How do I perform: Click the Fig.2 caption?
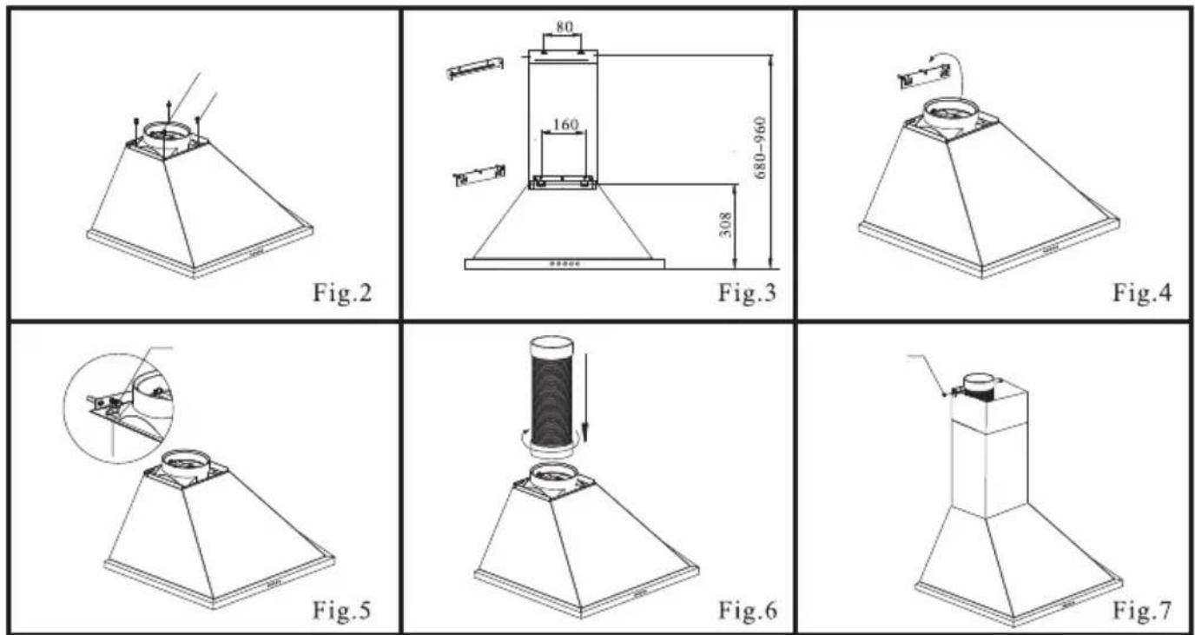click(x=342, y=293)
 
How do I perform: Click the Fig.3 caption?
click(x=747, y=293)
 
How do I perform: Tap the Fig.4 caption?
click(x=1142, y=293)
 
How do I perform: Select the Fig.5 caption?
click(x=341, y=611)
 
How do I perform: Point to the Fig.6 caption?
click(x=748, y=611)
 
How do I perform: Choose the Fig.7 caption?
click(x=1142, y=611)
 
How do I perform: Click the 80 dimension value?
click(x=564, y=27)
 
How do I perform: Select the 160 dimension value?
click(x=565, y=124)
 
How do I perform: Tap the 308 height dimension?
click(x=725, y=225)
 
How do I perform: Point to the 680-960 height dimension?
click(x=761, y=148)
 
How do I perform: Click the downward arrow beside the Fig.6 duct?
click(x=585, y=397)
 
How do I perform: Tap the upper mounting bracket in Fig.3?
click(x=474, y=69)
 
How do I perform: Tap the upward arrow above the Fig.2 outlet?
click(x=169, y=113)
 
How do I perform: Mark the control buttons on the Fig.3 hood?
click(x=564, y=263)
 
